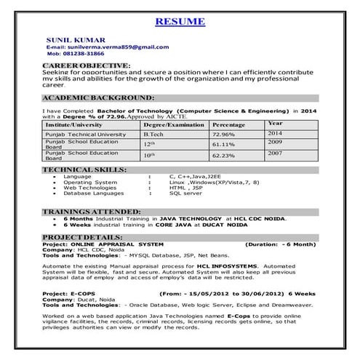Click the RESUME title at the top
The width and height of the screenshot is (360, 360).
coord(180,21)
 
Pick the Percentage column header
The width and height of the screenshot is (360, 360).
coord(228,125)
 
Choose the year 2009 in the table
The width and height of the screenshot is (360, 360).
coord(275,143)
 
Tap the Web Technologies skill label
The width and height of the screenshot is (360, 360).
coord(89,188)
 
